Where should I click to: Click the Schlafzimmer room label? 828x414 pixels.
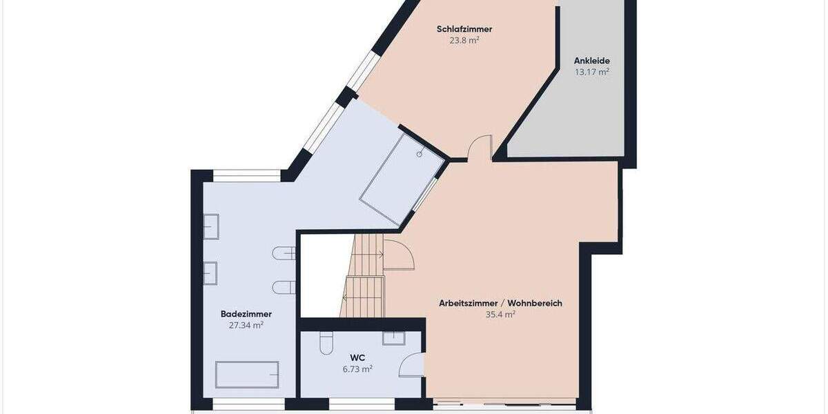tap(464, 29)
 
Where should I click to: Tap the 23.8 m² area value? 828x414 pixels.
tap(464, 40)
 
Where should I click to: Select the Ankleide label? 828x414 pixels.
tap(591, 61)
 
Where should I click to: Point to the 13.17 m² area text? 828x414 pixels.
tap(591, 72)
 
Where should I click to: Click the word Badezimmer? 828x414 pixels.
tap(246, 314)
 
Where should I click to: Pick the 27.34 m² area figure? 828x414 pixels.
tap(246, 325)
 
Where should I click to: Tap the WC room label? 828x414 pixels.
tap(357, 357)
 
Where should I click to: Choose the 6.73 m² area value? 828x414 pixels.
tap(357, 369)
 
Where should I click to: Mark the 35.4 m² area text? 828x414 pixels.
tap(500, 314)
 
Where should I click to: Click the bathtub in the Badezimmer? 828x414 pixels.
tap(247, 375)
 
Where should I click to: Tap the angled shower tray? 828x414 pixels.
tap(402, 179)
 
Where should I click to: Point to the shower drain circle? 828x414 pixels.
tap(419, 155)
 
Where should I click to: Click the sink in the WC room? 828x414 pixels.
tap(393, 337)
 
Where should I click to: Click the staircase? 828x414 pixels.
tap(364, 276)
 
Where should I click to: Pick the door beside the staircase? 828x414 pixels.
tap(399, 255)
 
